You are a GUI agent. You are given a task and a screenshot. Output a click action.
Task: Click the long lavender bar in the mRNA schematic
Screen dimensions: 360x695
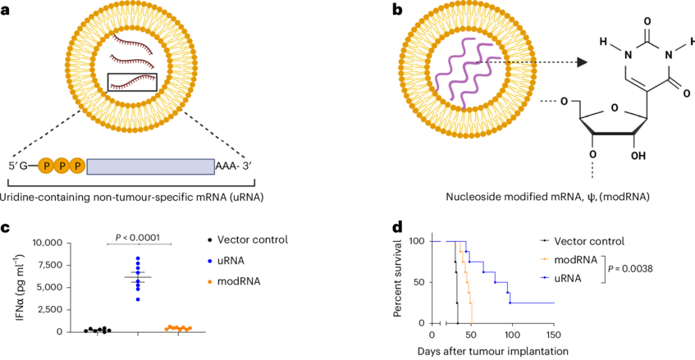coord(150,166)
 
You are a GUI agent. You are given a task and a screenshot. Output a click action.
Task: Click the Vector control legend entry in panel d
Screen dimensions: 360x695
coord(588,241)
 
